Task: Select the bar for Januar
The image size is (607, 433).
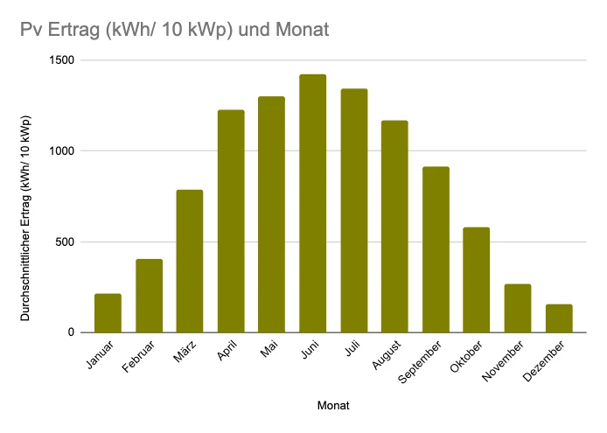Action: pos(108,313)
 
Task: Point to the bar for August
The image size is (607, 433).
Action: pos(394,227)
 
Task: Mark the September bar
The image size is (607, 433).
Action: pos(436,249)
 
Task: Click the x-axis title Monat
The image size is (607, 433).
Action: pos(333,406)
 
